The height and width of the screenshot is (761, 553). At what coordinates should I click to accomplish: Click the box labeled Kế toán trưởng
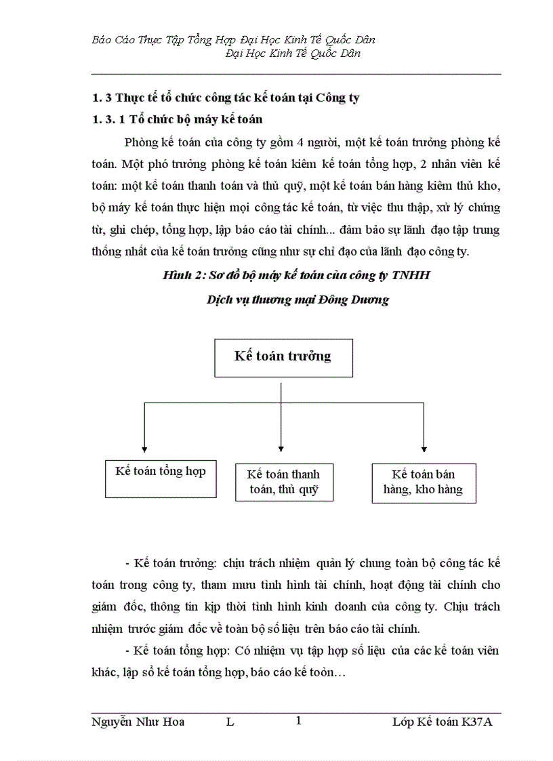[283, 357]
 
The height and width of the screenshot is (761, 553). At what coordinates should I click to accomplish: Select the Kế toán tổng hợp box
[160, 478]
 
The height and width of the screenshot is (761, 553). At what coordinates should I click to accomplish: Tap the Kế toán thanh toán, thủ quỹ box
[284, 482]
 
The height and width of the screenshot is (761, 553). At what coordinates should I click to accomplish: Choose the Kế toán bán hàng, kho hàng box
[424, 482]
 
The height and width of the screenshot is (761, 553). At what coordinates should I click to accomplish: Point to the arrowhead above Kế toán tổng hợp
[144, 448]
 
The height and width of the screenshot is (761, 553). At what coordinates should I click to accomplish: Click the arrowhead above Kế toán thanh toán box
[281, 448]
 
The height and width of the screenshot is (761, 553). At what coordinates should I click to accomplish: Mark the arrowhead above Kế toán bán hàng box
[424, 448]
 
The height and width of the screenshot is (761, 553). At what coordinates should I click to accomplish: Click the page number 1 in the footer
[298, 722]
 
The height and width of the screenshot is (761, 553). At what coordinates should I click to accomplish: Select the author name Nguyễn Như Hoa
[138, 722]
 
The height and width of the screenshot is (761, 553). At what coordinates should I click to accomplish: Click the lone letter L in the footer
[230, 722]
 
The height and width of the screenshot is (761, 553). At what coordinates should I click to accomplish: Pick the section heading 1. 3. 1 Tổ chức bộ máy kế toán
[177, 119]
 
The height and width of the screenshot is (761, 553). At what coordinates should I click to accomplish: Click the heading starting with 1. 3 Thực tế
[225, 98]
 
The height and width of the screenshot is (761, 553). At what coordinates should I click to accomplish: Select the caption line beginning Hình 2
[296, 276]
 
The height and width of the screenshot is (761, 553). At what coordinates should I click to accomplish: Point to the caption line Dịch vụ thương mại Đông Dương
[298, 300]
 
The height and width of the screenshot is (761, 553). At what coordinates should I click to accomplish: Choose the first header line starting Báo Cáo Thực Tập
[233, 40]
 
